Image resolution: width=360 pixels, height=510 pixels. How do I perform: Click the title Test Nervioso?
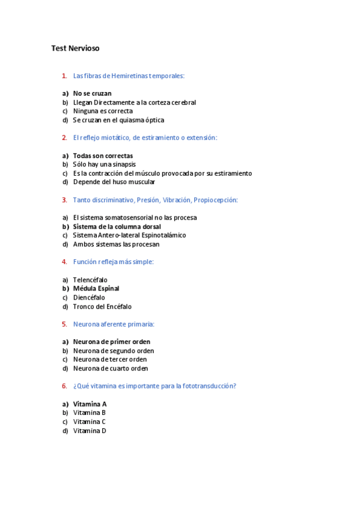click(75, 48)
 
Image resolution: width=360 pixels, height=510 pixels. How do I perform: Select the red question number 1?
click(64, 76)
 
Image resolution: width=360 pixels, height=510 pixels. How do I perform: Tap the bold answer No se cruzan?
click(92, 93)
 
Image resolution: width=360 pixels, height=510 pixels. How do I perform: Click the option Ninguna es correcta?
click(103, 111)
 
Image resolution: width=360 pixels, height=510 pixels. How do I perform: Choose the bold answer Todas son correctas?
click(103, 156)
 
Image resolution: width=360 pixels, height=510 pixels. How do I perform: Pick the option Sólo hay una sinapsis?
click(104, 164)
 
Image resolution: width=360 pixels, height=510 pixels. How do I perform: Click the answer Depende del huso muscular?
click(114, 182)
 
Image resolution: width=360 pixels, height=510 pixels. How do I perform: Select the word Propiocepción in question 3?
click(216, 200)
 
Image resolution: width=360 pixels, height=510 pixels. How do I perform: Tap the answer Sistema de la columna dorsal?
click(117, 227)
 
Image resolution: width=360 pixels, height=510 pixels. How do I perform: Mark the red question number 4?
click(64, 262)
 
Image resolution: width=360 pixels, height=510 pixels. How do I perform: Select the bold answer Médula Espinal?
click(96, 289)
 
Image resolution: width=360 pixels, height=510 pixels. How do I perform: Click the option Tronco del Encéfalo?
click(102, 307)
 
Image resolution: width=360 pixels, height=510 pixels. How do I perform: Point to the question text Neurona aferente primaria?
click(114, 324)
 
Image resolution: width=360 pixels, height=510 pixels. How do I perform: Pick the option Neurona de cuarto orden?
click(110, 369)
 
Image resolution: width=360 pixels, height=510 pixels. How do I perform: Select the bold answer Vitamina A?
click(90, 404)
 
